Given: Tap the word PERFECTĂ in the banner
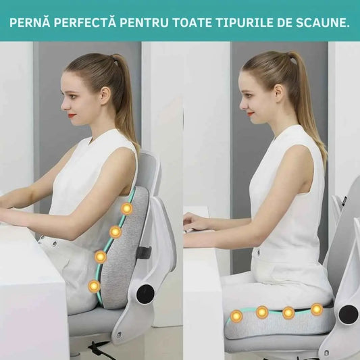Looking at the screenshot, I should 86,22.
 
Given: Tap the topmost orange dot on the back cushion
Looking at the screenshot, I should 126,209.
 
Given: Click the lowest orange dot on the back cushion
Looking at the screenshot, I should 94,286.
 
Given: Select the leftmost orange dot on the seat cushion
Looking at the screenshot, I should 236,315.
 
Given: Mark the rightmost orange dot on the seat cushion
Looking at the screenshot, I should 316,309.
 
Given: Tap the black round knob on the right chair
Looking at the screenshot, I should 348,314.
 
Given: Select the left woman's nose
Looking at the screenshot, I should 61,105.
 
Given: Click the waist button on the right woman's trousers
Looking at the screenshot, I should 258,252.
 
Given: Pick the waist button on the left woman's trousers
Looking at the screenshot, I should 52,240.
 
